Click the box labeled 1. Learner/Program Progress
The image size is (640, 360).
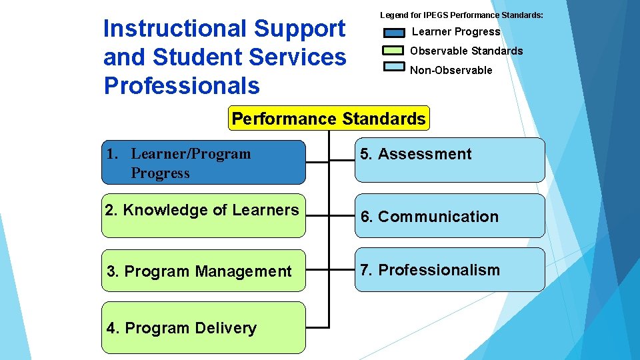coord(203,162)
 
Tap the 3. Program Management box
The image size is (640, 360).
coord(203,271)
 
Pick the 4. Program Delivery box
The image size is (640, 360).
coord(203,327)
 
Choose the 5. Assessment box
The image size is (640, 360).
coord(449,160)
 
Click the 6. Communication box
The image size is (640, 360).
coord(449,216)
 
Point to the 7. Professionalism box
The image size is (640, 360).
coord(449,270)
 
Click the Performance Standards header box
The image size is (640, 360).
coord(329,119)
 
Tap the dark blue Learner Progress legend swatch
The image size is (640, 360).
coord(394,32)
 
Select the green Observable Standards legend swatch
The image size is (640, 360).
coord(394,51)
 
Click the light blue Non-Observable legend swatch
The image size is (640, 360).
coord(394,69)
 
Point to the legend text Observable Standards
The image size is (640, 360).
coord(466,51)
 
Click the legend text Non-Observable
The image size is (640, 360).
coord(451,70)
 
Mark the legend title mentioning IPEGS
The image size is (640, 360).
coord(461,15)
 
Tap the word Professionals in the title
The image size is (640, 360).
coord(181,85)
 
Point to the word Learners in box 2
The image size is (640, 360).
coord(265,210)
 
